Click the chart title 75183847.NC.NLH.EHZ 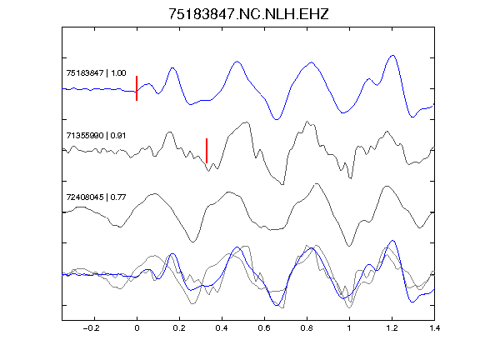[x=248, y=14]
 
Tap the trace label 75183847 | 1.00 [x=96, y=72]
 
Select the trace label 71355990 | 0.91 [x=96, y=135]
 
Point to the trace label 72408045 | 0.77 [x=96, y=197]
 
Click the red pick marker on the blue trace [x=137, y=88]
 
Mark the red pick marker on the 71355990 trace [x=207, y=151]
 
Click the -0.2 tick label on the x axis [x=91, y=328]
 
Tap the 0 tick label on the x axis [x=137, y=328]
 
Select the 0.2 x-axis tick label [x=179, y=328]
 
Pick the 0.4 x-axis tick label [x=222, y=328]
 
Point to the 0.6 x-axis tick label [x=264, y=328]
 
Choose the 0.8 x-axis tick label [x=307, y=328]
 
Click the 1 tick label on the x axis [x=349, y=328]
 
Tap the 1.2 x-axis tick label [x=392, y=328]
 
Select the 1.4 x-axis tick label [x=434, y=328]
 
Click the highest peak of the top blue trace [x=392, y=55]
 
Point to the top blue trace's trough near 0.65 [x=277, y=119]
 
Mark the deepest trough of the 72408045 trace [x=349, y=246]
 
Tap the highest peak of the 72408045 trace [x=317, y=183]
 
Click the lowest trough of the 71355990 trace [x=282, y=184]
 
